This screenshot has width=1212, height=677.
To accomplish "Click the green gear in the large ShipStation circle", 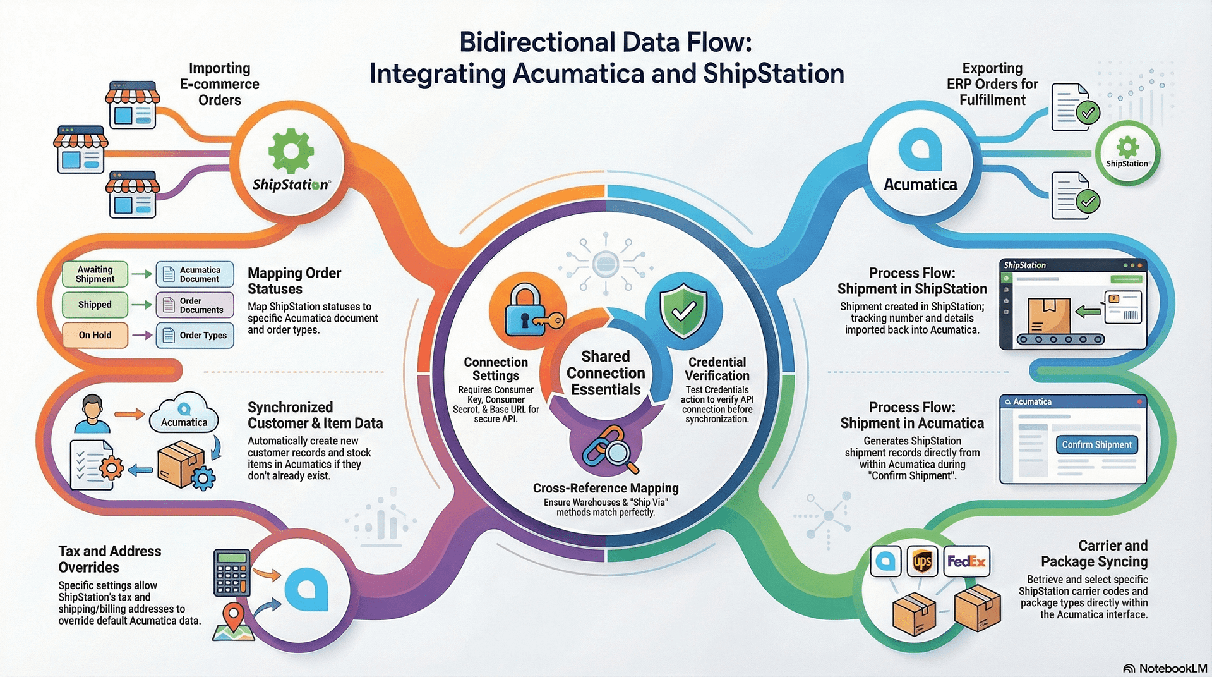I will (x=291, y=150).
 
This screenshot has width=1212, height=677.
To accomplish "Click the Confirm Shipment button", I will (x=1096, y=444).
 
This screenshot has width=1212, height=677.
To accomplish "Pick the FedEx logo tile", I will (x=966, y=561).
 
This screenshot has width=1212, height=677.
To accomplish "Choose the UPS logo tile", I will (x=922, y=561).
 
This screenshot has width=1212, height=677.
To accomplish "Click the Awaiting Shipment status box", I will (x=95, y=274).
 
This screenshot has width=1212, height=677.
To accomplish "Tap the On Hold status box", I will (x=95, y=335).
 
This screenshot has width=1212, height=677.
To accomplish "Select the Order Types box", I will (x=195, y=335).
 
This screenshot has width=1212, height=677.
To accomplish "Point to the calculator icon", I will (x=232, y=573).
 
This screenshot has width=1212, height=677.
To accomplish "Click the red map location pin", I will (x=234, y=616).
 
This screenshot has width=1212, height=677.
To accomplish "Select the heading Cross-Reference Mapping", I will (x=606, y=488).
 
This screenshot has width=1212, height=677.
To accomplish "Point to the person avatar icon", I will (x=92, y=413).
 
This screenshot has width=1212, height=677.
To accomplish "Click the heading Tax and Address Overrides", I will (x=110, y=559).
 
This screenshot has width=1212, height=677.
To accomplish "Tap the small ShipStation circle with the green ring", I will (x=1127, y=152).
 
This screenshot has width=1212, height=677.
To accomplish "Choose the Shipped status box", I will (x=95, y=305).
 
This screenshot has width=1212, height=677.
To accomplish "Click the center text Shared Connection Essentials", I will (x=606, y=373).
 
